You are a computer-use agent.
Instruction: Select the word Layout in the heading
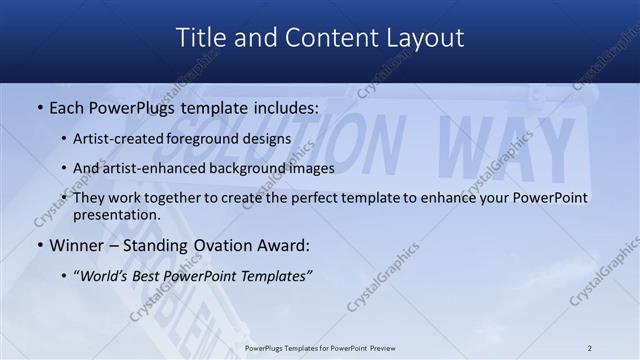(x=425, y=37)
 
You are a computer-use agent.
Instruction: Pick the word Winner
(x=72, y=244)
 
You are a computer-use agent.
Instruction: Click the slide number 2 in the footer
(x=590, y=348)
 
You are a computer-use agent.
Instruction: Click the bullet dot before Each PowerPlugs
(x=39, y=106)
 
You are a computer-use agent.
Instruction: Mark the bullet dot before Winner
(x=39, y=245)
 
